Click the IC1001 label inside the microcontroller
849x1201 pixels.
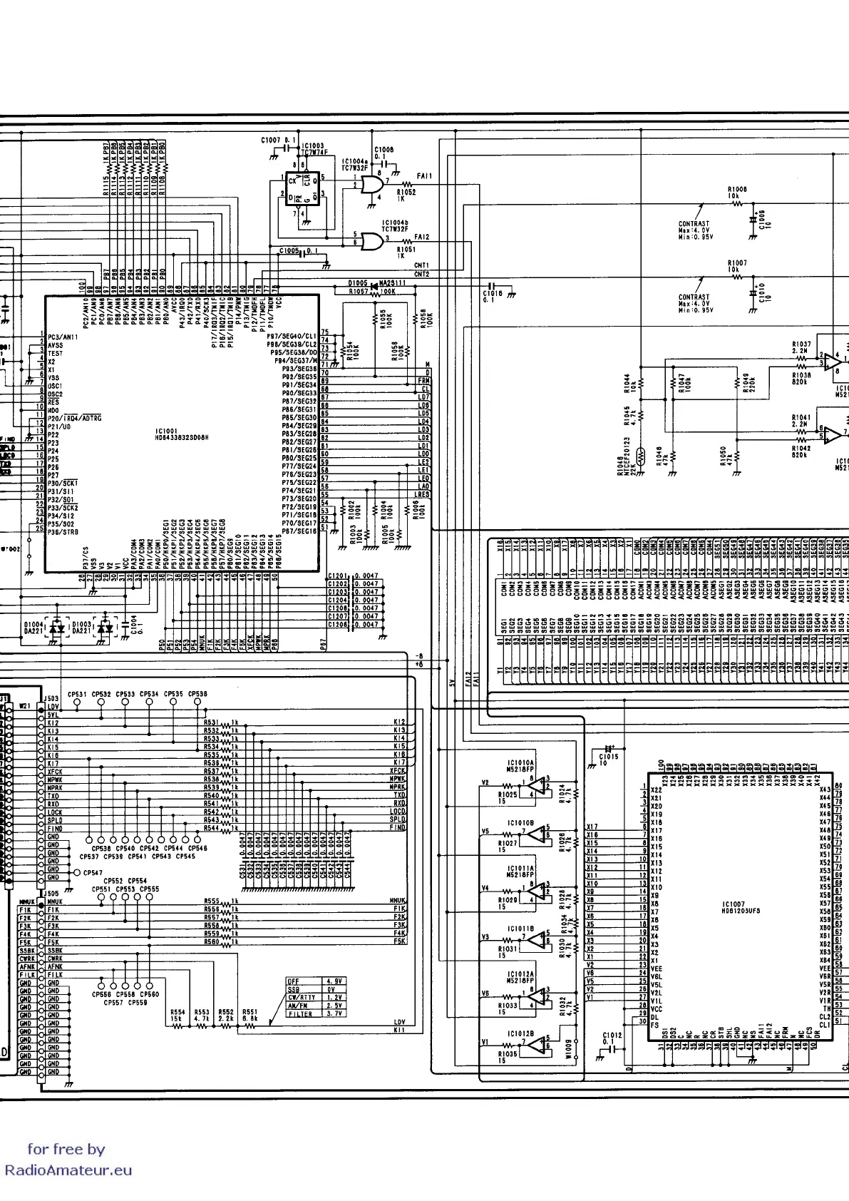pos(166,431)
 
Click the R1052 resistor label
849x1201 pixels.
pos(406,192)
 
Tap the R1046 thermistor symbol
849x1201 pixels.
pos(640,454)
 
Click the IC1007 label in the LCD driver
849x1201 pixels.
pos(734,904)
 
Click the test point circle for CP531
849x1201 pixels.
pos(77,702)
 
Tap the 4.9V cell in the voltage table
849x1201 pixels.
pos(334,981)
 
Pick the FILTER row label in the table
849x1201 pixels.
pos(300,1013)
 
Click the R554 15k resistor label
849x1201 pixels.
pos(177,1015)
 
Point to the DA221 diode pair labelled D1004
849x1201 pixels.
pos(59,628)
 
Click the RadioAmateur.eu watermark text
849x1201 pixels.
pos(68,1170)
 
